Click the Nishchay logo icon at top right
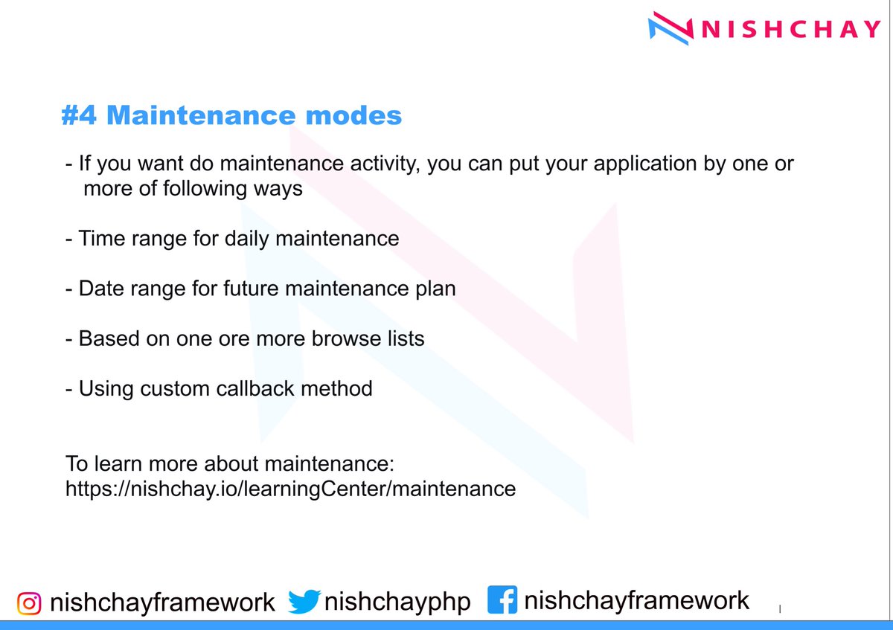pos(672,28)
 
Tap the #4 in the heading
pos(80,116)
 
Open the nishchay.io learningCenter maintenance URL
pos(290,489)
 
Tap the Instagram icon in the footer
pos(29,603)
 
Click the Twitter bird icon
pos(304,602)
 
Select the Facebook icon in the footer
pos(502,600)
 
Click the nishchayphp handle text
pos(397,602)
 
